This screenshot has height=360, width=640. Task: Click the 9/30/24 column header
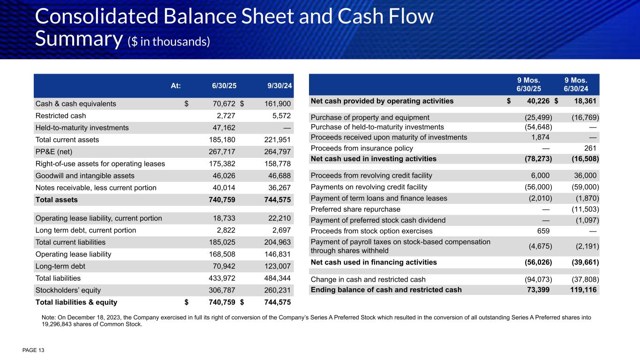point(280,86)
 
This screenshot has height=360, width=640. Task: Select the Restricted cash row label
point(60,115)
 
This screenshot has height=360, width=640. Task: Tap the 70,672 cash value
point(221,104)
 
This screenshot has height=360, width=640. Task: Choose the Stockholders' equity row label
point(68,290)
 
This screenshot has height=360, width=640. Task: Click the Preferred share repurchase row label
point(355,209)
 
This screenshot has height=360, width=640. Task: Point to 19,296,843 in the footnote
point(62,323)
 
